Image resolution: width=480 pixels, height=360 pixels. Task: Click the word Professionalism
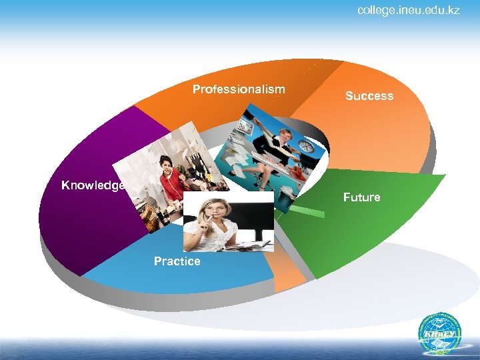coord(239,89)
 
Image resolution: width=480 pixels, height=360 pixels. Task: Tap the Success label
coord(369,96)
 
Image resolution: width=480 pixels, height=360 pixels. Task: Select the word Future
coord(361,197)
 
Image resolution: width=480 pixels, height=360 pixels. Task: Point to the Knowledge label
coord(93,185)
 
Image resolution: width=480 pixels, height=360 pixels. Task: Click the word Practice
coord(177,261)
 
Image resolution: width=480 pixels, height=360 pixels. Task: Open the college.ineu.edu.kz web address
coord(408,10)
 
